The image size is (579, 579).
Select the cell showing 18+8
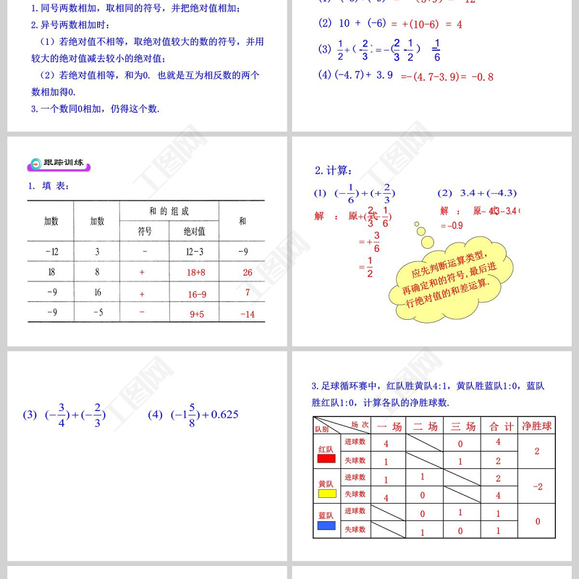pyautogui.click(x=196, y=272)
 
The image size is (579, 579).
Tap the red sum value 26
pyautogui.click(x=248, y=272)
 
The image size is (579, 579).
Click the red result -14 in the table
pyautogui.click(x=248, y=314)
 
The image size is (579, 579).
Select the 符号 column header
pyautogui.click(x=145, y=232)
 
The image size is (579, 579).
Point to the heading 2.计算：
pyautogui.click(x=334, y=171)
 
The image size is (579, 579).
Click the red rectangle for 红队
pyautogui.click(x=326, y=458)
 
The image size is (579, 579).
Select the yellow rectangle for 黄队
pyautogui.click(x=327, y=494)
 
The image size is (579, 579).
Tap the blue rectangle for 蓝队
pyautogui.click(x=326, y=525)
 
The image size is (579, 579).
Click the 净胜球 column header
pyautogui.click(x=536, y=426)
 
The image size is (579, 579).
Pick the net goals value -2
pyautogui.click(x=537, y=486)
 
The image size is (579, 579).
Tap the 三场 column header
pyautogui.click(x=460, y=426)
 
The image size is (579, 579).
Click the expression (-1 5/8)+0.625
pyautogui.click(x=193, y=415)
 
